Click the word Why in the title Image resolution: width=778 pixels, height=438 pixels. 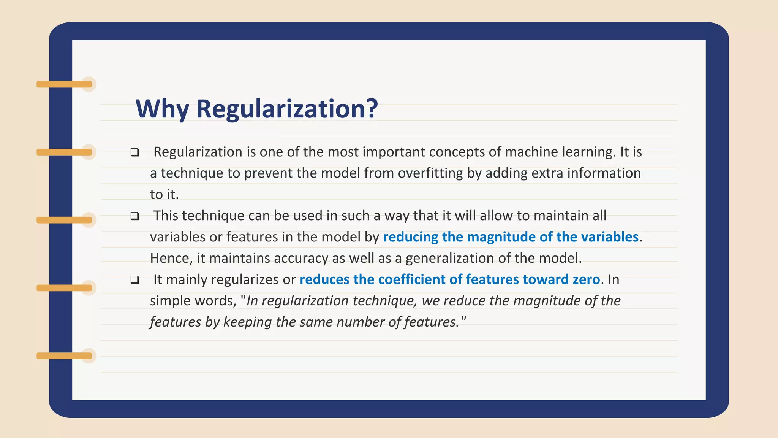[162, 109]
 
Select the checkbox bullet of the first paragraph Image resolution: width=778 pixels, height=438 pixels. [134, 152]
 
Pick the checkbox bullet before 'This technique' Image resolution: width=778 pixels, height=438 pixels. [134, 216]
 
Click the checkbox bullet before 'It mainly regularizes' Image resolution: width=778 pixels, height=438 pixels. [134, 280]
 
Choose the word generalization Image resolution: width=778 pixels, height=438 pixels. [450, 259]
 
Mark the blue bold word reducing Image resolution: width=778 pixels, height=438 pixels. [411, 237]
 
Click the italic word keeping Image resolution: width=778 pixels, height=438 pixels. [247, 322]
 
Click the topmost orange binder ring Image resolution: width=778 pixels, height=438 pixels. [65, 84]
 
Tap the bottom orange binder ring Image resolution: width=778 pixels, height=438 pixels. [65, 356]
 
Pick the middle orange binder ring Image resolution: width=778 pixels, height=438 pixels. [65, 220]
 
